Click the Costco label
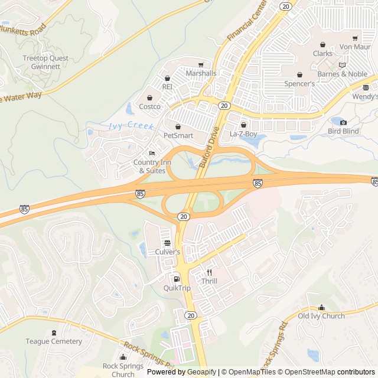tap(149, 106)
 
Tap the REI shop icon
tap(167, 78)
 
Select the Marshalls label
tap(201, 73)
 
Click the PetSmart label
tap(178, 135)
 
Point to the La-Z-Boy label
tap(243, 133)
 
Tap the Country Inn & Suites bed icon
tap(152, 154)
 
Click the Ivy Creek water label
tap(131, 126)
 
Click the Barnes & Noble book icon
tap(341, 65)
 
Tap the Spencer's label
tap(299, 84)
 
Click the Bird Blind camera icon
tap(343, 122)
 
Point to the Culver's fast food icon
tap(167, 243)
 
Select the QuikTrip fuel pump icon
tap(176, 279)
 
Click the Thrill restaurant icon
tap(209, 272)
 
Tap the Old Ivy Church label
tap(321, 316)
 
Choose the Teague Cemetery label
tap(54, 341)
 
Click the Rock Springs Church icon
tap(123, 357)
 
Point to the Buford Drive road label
tap(209, 148)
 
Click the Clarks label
tap(322, 53)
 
